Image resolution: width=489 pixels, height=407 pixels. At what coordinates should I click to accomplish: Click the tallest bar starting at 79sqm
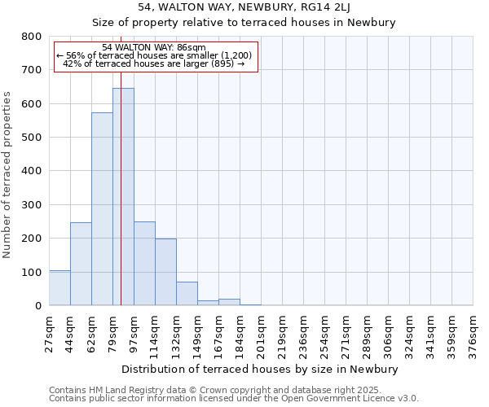(x=123, y=196)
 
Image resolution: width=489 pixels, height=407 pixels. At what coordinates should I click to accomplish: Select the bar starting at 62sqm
(x=102, y=208)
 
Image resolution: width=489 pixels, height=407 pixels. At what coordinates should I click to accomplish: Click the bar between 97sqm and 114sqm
(x=144, y=263)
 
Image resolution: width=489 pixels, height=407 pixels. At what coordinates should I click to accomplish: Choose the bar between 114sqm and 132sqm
(x=165, y=272)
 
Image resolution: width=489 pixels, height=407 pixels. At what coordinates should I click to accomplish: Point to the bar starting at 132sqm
(x=187, y=293)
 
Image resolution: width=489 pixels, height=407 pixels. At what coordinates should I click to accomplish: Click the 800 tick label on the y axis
(x=32, y=37)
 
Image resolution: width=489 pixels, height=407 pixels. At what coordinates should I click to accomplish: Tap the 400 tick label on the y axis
(x=32, y=171)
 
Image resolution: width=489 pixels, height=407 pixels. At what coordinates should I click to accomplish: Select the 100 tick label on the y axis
(x=32, y=272)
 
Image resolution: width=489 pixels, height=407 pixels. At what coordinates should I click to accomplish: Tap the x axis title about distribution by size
(x=261, y=369)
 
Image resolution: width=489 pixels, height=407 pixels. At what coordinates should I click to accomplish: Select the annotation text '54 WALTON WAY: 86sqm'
(x=155, y=48)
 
